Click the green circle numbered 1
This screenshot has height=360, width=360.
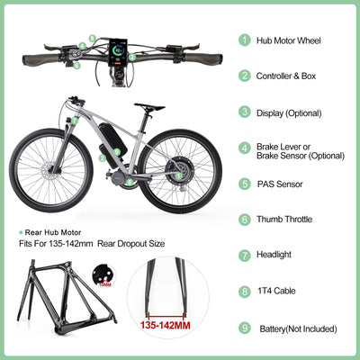[x=245, y=40]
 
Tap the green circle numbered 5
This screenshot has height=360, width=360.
[x=245, y=184]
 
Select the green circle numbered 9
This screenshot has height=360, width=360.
[x=245, y=328]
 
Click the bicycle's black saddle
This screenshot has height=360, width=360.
[x=148, y=107]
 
